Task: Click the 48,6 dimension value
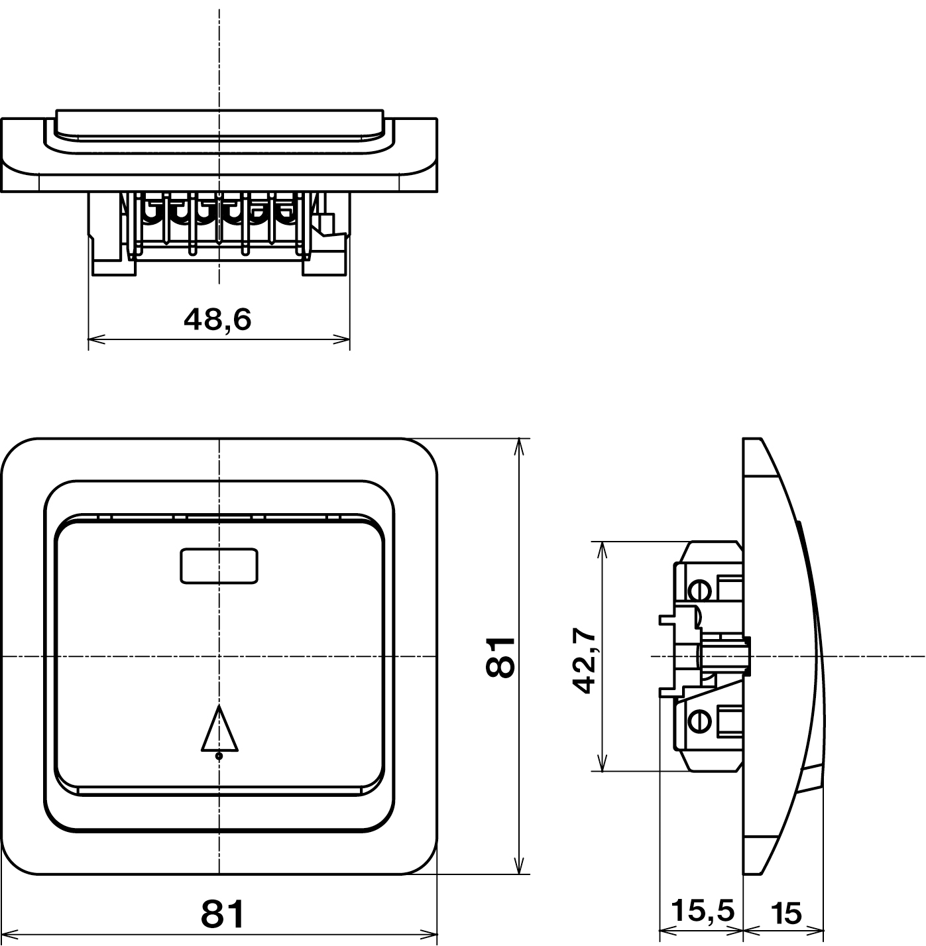[x=217, y=320]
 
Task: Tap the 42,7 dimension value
[x=585, y=660]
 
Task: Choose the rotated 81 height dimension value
[x=500, y=657]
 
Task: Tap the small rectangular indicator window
[x=219, y=565]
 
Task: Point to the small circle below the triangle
[x=219, y=756]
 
